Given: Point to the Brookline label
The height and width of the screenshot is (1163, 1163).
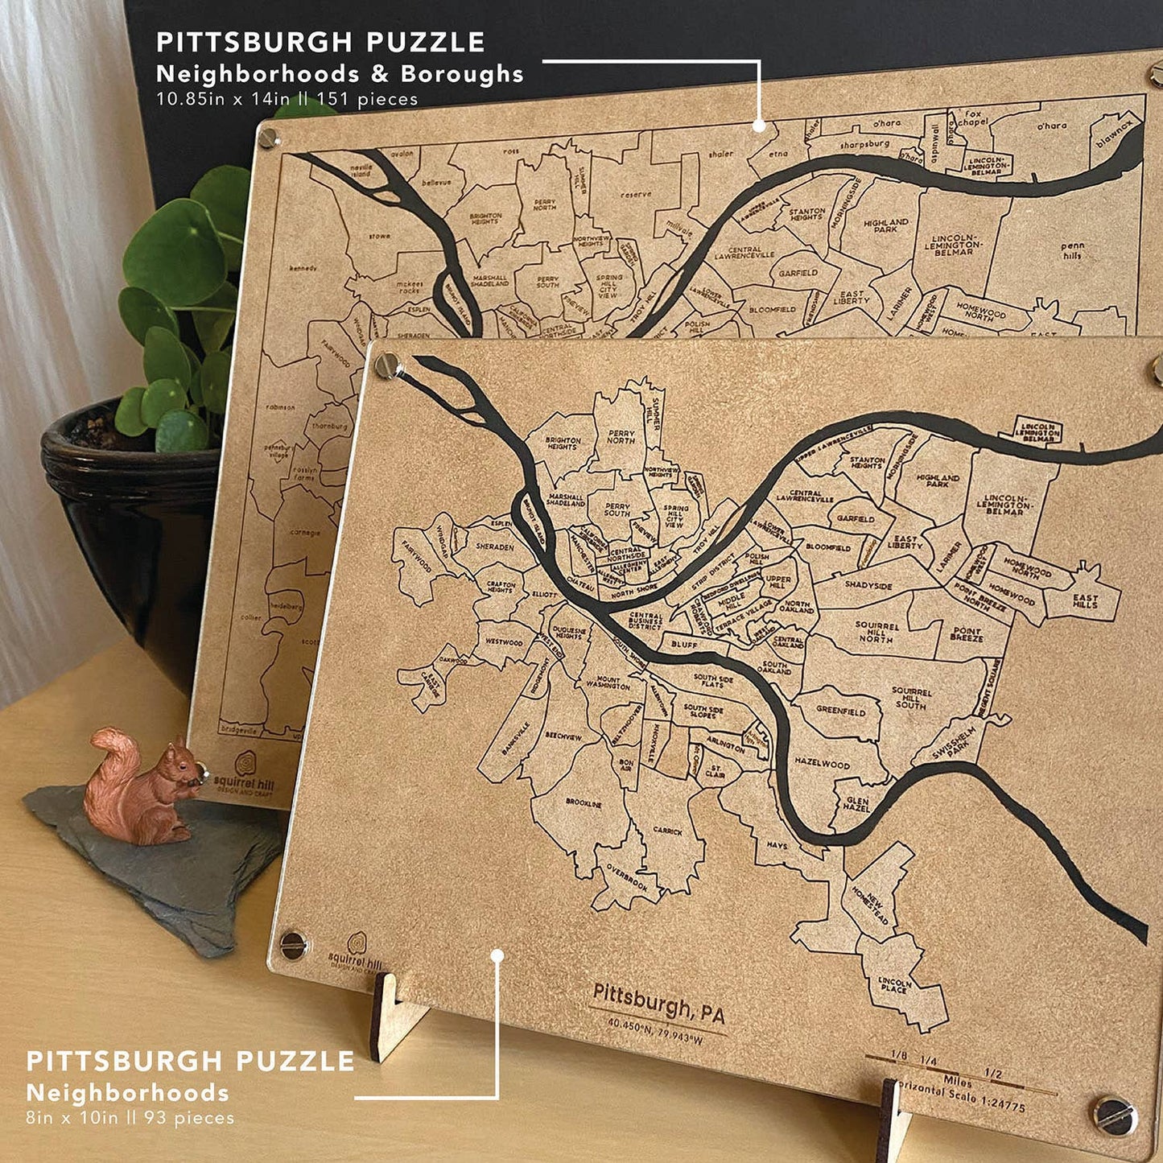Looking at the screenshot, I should pyautogui.click(x=584, y=803).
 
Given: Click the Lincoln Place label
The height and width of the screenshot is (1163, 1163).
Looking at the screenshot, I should pyautogui.click(x=893, y=985).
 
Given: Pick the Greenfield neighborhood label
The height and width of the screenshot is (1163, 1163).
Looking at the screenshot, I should pyautogui.click(x=841, y=711).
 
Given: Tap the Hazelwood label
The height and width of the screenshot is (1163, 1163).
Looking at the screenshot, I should pyautogui.click(x=822, y=762).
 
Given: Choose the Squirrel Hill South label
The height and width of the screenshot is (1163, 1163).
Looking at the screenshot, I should pyautogui.click(x=911, y=699).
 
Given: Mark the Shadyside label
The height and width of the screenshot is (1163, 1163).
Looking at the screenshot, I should pyautogui.click(x=868, y=586).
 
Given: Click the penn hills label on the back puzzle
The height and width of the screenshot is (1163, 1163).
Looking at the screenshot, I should pyautogui.click(x=1072, y=250).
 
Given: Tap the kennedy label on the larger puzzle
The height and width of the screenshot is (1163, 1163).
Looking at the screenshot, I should pyautogui.click(x=303, y=268).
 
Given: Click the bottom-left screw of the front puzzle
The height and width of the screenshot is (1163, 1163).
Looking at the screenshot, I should pyautogui.click(x=293, y=943).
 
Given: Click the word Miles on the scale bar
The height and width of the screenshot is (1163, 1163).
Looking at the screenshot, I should pyautogui.click(x=957, y=1081).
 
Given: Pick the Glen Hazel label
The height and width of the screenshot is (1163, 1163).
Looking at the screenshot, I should pyautogui.click(x=857, y=804).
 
